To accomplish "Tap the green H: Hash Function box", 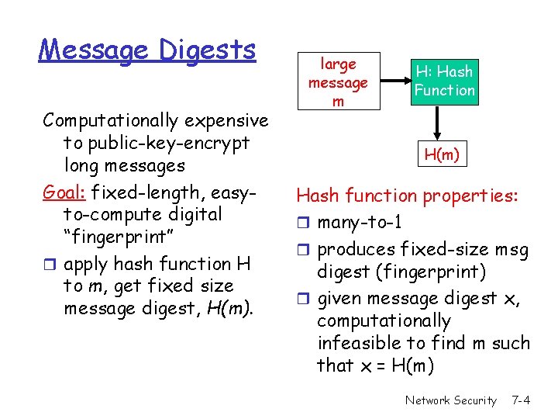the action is (444, 81).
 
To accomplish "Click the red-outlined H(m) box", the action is (441, 155).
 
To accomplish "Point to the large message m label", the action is (338, 82).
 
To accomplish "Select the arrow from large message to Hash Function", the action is (392, 81).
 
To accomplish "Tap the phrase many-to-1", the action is (360, 223).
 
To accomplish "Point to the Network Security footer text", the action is (450, 400).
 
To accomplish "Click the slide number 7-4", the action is (521, 400).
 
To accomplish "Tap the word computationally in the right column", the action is (384, 320).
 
